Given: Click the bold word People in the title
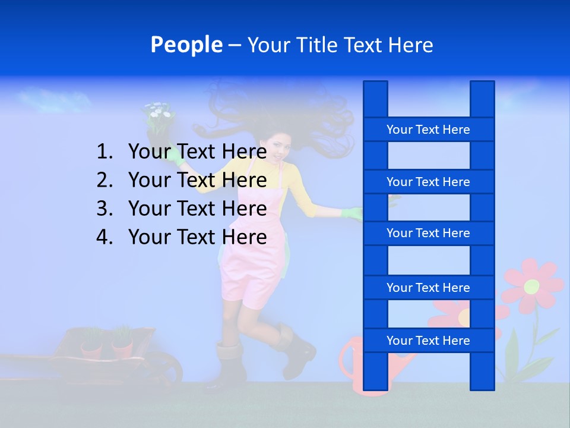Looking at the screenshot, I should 186,45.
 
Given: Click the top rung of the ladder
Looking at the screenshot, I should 428,130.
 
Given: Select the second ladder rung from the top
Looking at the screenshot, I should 428,182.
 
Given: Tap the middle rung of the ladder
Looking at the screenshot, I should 428,233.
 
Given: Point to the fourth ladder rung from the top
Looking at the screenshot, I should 428,288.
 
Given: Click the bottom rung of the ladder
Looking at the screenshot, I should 428,341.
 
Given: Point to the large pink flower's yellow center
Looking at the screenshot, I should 531,286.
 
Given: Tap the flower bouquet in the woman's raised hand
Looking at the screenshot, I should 157,119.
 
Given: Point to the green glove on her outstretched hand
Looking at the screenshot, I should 351,213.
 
